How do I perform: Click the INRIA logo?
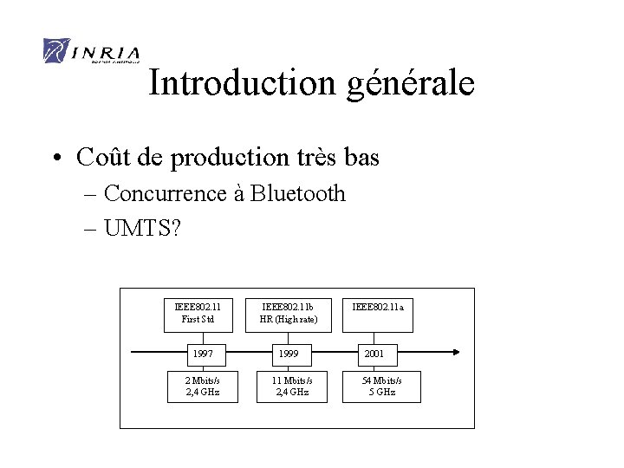tap(90, 52)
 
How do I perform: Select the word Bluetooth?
tap(298, 193)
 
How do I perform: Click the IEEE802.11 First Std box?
tap(198, 313)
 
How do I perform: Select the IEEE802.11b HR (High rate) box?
tap(289, 313)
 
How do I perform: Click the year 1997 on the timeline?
tap(203, 354)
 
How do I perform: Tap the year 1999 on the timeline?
tap(289, 354)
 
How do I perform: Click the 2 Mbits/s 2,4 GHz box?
tap(203, 386)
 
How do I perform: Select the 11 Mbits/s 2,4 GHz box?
tap(293, 386)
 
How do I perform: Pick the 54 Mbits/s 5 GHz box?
tap(381, 386)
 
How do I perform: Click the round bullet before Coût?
tap(55, 159)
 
